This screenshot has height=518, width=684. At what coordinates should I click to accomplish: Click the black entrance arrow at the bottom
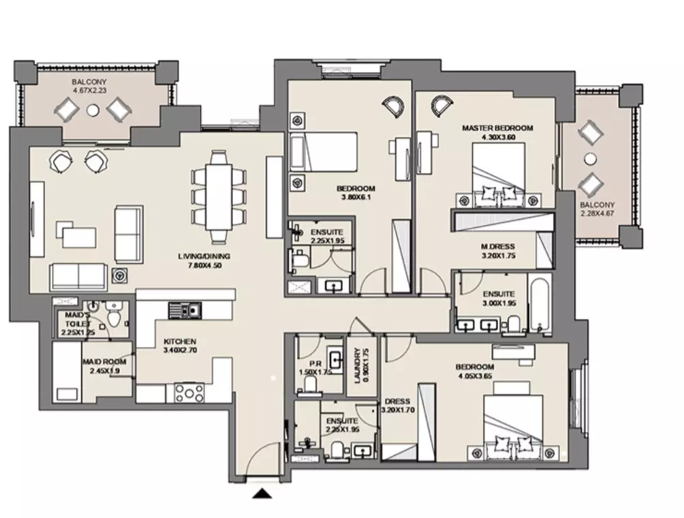click(262, 493)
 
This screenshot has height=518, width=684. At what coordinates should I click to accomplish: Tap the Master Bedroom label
click(497, 128)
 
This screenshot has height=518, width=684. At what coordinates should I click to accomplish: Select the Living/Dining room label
click(204, 256)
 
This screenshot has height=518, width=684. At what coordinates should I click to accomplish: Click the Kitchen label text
click(180, 341)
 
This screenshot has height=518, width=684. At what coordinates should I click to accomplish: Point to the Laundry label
click(358, 366)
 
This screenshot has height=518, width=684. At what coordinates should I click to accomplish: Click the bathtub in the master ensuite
click(540, 303)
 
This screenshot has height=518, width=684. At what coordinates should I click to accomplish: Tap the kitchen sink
click(185, 310)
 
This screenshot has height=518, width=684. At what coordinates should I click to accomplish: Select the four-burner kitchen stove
click(189, 393)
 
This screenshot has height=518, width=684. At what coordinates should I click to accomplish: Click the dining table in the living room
click(219, 196)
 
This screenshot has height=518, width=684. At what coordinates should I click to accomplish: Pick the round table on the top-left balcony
click(93, 110)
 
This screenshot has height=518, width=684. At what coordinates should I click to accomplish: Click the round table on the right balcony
click(590, 159)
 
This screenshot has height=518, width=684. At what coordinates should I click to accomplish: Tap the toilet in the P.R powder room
click(310, 384)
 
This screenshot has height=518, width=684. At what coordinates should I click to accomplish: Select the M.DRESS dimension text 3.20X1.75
click(498, 256)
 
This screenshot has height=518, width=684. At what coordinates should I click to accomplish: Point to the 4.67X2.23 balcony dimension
click(89, 91)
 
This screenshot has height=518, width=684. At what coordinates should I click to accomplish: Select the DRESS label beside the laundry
click(397, 401)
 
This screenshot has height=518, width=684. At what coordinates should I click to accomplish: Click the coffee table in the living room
click(79, 237)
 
